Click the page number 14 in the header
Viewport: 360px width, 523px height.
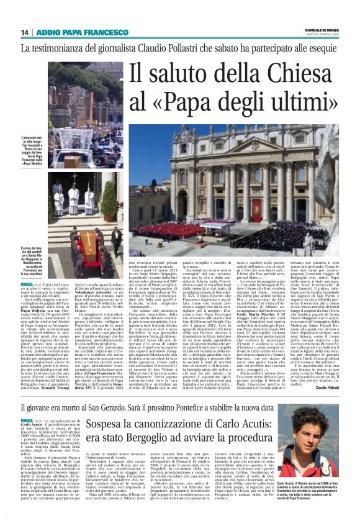[25, 33]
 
